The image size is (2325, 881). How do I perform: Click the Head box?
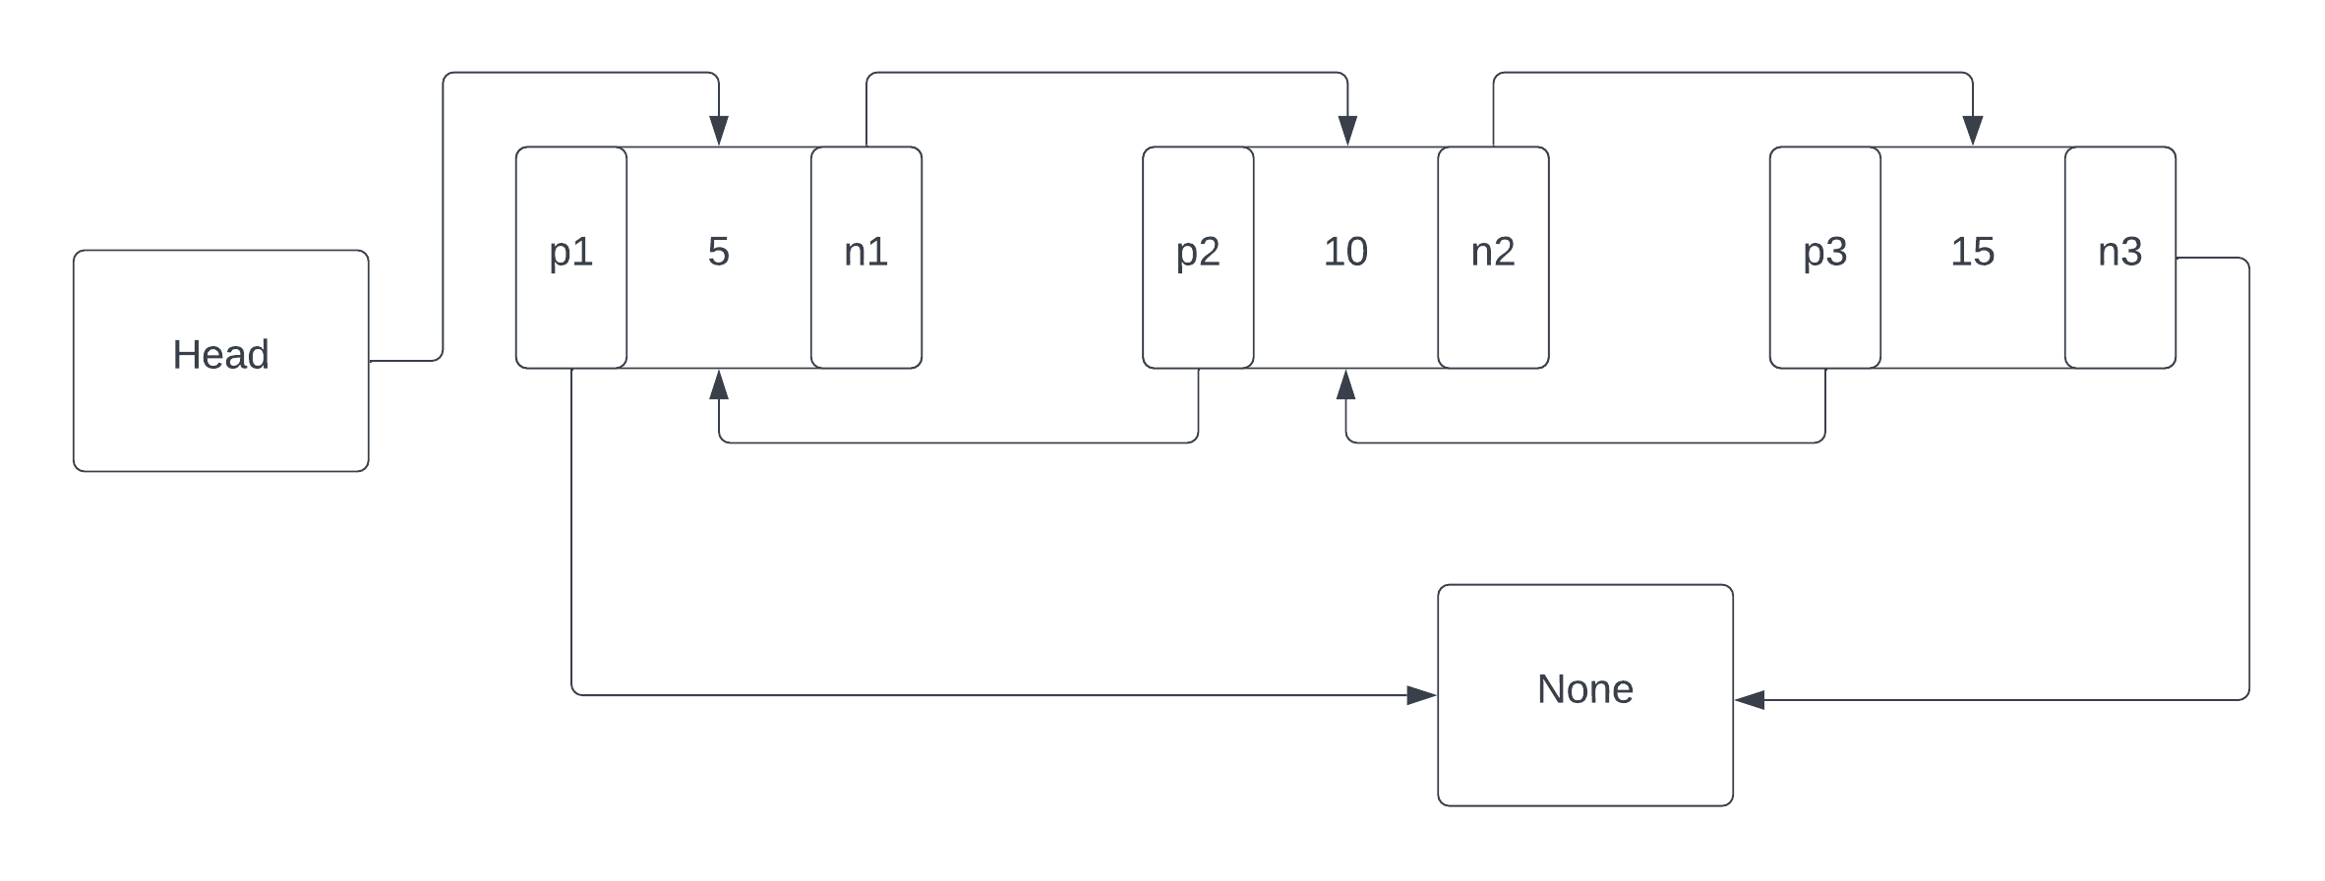(221, 361)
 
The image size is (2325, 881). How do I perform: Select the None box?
(1585, 695)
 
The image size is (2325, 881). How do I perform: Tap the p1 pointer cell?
(571, 258)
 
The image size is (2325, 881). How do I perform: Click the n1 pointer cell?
(866, 258)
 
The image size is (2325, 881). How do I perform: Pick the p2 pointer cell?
(1198, 258)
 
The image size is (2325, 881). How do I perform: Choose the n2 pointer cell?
(1493, 258)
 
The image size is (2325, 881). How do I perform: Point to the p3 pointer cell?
(1825, 258)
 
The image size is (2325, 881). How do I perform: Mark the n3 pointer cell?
(2120, 258)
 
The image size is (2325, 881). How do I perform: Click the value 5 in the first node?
(719, 252)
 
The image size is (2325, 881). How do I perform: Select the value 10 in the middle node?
(1345, 252)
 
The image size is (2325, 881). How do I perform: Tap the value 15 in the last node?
(1973, 252)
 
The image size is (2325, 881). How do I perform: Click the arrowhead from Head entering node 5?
(719, 131)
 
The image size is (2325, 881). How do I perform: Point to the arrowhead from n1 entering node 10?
(1347, 131)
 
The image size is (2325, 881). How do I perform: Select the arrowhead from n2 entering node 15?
(1973, 131)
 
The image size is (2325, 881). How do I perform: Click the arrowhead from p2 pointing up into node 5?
(719, 384)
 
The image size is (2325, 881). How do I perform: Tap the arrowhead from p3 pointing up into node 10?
(1346, 384)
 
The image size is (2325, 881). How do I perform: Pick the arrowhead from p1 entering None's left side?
(1422, 695)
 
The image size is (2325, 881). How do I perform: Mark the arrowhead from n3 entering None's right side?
(1750, 700)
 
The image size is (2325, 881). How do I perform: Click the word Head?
(221, 355)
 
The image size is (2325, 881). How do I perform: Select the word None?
(1585, 689)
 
